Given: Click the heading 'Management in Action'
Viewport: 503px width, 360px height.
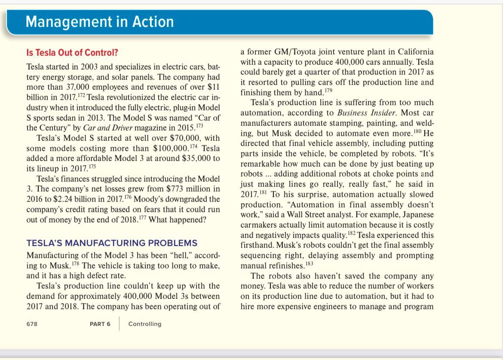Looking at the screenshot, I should click(x=100, y=21).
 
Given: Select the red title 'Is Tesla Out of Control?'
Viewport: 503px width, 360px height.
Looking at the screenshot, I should click(x=72, y=53).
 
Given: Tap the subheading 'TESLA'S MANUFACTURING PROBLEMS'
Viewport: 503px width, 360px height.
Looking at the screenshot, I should click(x=112, y=243).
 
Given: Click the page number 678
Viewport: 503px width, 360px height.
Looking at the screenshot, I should click(x=32, y=324).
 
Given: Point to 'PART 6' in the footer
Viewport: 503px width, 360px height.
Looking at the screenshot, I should click(x=100, y=324).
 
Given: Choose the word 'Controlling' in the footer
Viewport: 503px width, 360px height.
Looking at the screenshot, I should click(x=145, y=324).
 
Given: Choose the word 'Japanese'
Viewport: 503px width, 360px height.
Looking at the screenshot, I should click(x=416, y=215).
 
